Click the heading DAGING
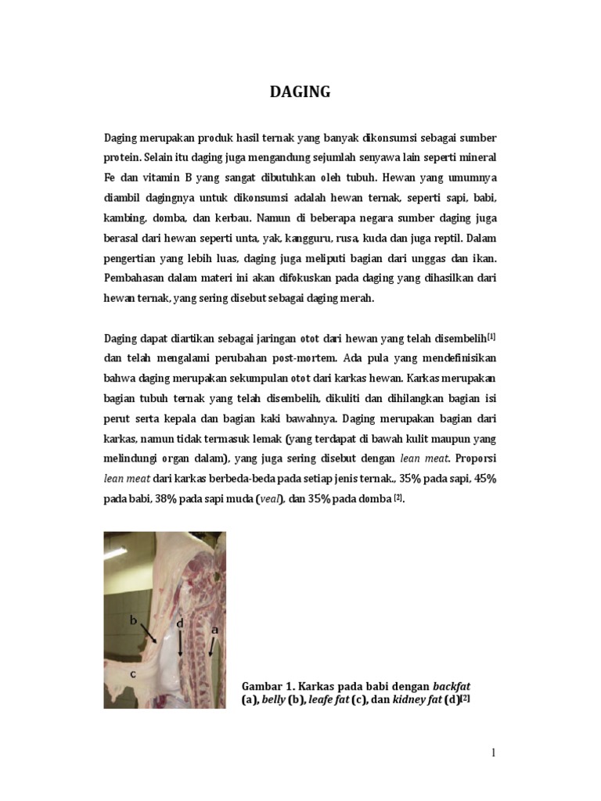[300, 92]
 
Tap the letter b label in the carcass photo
[133, 620]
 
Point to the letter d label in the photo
[181, 623]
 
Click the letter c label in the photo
[133, 671]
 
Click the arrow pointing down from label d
[181, 644]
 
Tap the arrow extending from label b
[149, 632]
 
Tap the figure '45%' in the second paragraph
[482, 480]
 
